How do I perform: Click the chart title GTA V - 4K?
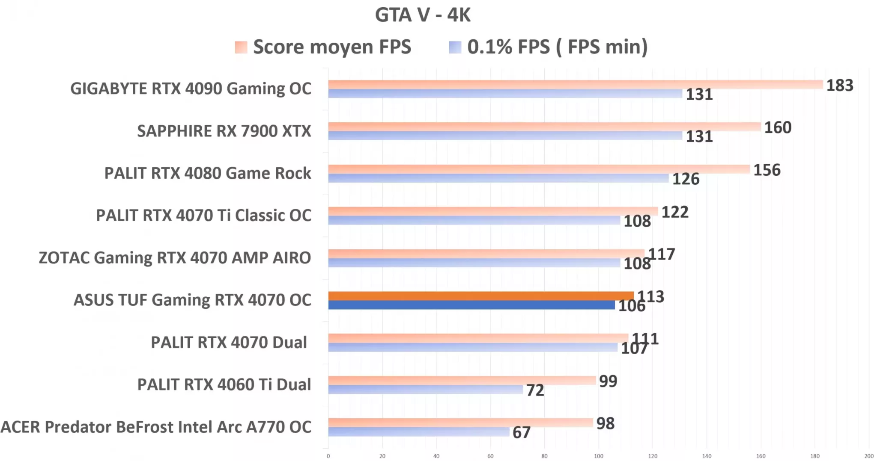point(423,15)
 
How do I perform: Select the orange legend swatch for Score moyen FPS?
point(241,47)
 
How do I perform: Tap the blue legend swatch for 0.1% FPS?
point(455,47)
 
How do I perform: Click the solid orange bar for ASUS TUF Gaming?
point(480,296)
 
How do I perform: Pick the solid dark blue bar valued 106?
point(471,305)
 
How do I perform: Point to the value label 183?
point(839,86)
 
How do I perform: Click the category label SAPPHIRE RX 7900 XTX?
point(224,131)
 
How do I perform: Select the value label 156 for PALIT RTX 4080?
point(767,170)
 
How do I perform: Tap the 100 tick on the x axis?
point(598,456)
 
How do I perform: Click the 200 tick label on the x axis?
point(868,456)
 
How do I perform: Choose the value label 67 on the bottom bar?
point(521,432)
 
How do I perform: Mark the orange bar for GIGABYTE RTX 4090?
point(575,85)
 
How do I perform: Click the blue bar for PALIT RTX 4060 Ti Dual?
point(425,390)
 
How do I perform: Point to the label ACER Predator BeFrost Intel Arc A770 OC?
point(156,427)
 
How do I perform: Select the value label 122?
point(675,212)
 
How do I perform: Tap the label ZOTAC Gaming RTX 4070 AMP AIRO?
point(175,258)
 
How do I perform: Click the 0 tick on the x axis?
point(328,456)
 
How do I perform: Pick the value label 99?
point(608,381)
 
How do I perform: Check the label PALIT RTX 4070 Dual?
point(229,343)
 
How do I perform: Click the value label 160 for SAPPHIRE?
point(778,127)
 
